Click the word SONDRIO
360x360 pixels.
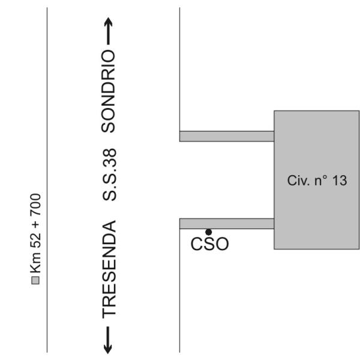[x=109, y=91]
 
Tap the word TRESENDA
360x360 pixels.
[x=109, y=269]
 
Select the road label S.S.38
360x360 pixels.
[x=109, y=175]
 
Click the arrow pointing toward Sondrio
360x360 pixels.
[x=109, y=31]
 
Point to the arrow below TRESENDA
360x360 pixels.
[x=108, y=340]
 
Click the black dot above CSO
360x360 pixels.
[x=208, y=232]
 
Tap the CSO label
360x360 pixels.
[x=209, y=244]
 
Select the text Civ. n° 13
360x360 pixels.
[x=317, y=181]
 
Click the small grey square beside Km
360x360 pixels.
[x=35, y=281]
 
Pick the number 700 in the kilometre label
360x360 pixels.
[x=35, y=205]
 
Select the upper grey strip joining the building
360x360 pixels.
[x=227, y=136]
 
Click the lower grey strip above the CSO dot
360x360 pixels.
[x=227, y=224]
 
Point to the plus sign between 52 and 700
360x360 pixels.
[x=36, y=224]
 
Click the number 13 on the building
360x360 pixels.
[x=340, y=181]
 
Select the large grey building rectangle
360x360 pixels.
[x=317, y=180]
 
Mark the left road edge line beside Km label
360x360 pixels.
[x=47, y=180]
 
